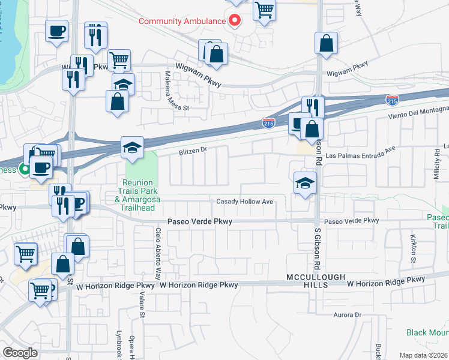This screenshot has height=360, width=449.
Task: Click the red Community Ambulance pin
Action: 235,20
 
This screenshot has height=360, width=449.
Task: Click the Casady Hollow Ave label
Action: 245,202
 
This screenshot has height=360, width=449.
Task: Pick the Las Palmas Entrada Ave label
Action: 361,155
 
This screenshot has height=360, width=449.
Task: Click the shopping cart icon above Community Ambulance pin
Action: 264,10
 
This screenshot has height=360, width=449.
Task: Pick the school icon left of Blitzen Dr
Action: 132,148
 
